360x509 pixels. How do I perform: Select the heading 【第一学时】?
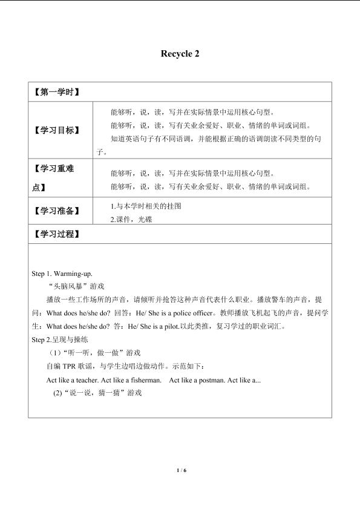(x=56, y=93)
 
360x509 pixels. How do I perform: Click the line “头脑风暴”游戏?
(x=76, y=286)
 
